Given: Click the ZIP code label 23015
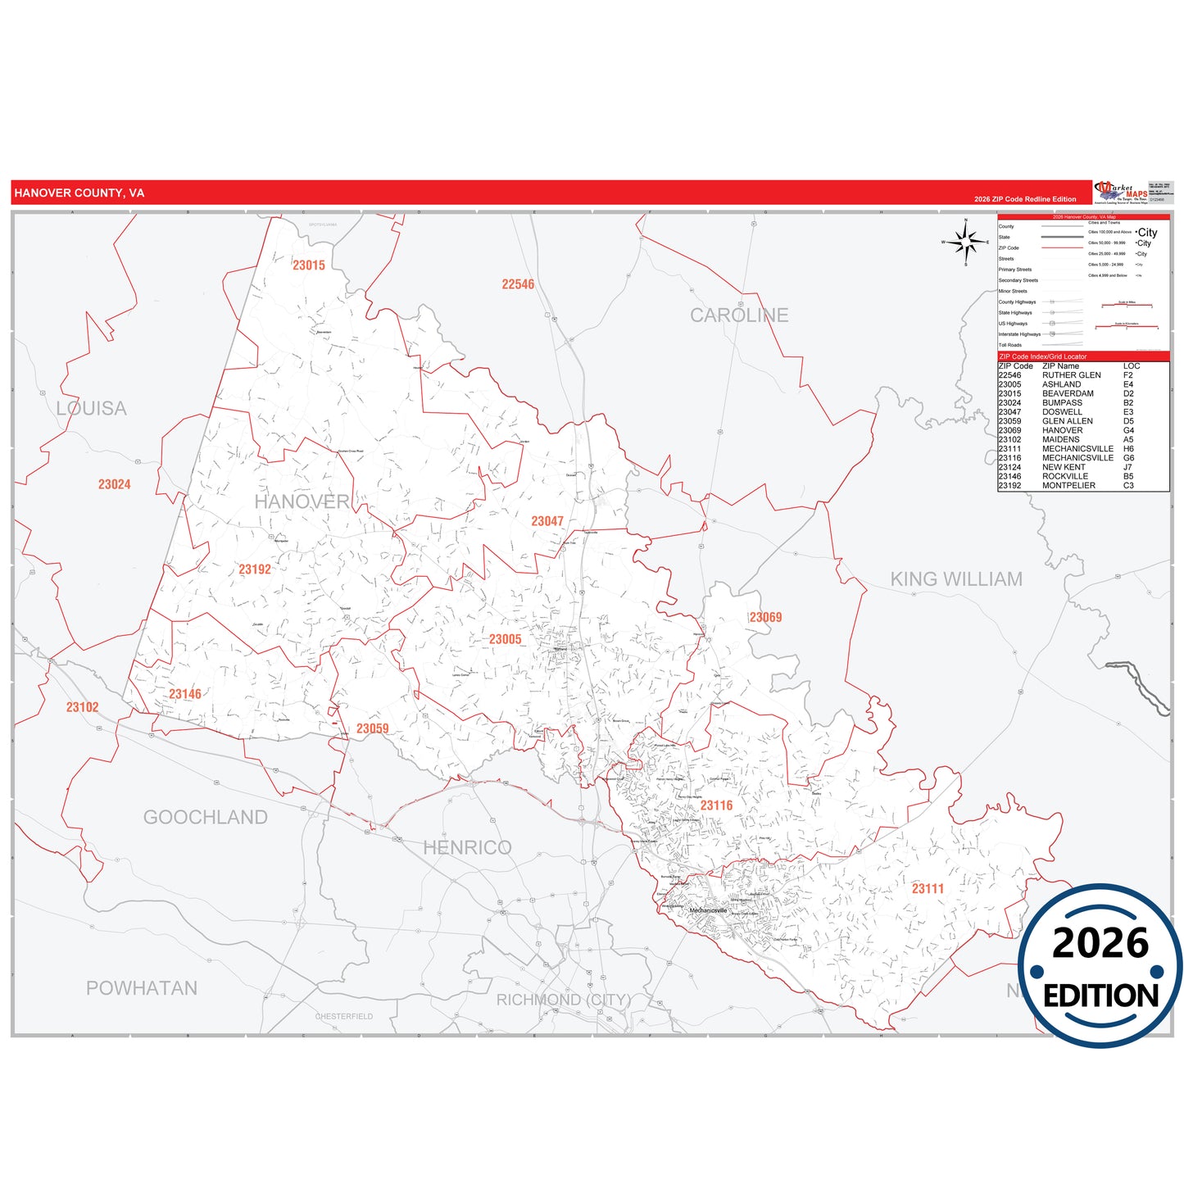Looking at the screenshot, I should click(x=309, y=265).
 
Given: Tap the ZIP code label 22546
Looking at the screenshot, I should click(x=518, y=284).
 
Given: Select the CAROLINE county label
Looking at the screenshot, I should click(x=739, y=315).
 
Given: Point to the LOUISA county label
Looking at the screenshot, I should click(x=91, y=409).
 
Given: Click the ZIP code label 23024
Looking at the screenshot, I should click(x=114, y=484).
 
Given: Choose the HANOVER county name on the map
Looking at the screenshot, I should click(x=302, y=501).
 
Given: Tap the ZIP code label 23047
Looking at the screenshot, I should click(x=547, y=521).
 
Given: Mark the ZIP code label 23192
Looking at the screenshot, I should click(x=255, y=569).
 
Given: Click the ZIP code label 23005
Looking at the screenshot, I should click(x=505, y=639).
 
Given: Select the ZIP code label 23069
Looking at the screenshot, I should click(x=765, y=618).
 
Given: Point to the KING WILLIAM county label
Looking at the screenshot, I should click(x=956, y=579).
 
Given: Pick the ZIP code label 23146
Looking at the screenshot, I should click(x=185, y=694).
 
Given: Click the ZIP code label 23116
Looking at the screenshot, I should click(x=716, y=805).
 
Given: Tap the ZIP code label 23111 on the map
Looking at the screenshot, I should click(x=928, y=889).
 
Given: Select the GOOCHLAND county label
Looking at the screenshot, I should click(x=205, y=818).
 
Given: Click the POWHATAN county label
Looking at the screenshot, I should click(x=142, y=988).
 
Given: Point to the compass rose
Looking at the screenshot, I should click(x=966, y=242).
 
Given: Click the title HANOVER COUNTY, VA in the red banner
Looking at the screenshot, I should click(x=79, y=193).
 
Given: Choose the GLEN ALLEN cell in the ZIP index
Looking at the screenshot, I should click(x=1067, y=421).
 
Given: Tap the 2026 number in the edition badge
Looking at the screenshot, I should click(x=1100, y=944).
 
